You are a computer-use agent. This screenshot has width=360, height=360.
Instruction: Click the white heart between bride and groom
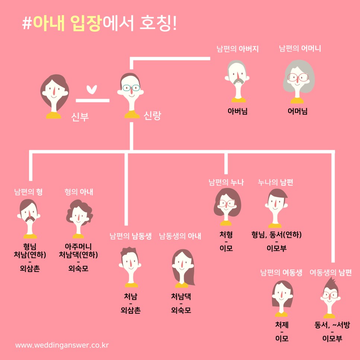coord(91,90)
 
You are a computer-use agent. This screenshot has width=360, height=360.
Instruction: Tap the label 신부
coord(80,117)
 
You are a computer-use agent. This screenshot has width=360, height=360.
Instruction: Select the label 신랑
coord(152,116)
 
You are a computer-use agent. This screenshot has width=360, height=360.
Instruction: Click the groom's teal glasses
coord(131,88)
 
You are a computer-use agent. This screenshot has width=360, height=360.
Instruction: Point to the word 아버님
coord(237,111)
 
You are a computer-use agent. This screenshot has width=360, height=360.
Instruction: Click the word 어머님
coord(297,111)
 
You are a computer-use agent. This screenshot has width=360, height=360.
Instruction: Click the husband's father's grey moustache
coord(237,81)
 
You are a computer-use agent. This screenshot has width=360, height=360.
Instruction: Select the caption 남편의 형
coord(28,192)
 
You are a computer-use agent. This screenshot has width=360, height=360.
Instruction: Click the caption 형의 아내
coord(79,192)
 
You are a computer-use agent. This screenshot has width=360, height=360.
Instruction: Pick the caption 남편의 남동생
coord(130,236)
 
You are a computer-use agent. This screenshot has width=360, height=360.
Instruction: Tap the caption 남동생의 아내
coord(180,236)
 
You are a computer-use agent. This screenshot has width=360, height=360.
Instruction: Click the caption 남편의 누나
coord(226,182)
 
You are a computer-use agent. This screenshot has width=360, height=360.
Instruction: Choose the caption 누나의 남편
coord(275,182)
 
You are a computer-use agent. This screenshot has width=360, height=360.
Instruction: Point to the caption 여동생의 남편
coord(331,272)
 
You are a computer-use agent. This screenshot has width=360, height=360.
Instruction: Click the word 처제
coord(282,325)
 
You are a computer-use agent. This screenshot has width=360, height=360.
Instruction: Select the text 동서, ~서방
coord(332,325)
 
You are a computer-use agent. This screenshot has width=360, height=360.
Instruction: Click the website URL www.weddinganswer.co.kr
coord(62,345)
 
